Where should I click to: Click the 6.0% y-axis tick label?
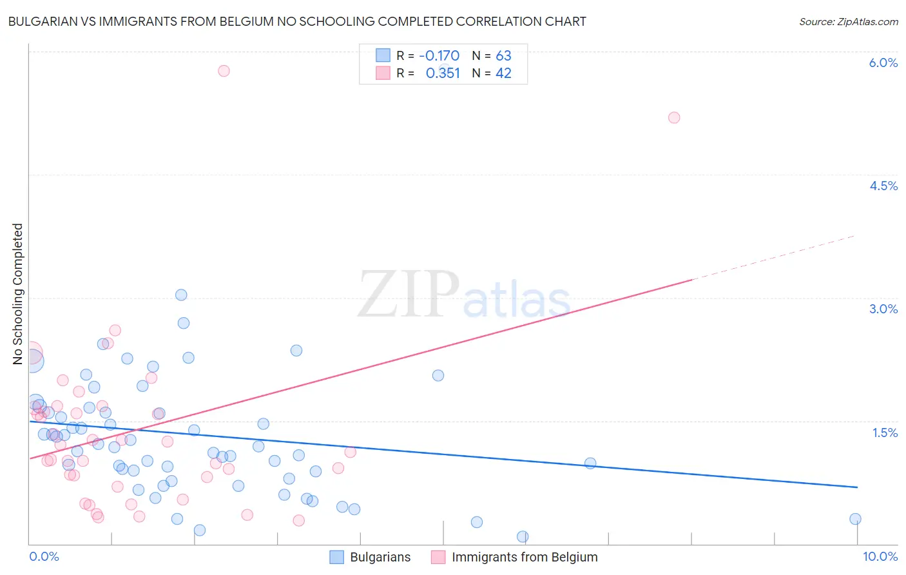[x=883, y=63]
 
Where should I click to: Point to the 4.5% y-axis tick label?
[x=883, y=186]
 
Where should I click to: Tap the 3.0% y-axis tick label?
[x=883, y=309]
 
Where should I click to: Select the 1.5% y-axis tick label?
[x=885, y=433]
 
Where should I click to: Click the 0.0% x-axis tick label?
[x=44, y=556]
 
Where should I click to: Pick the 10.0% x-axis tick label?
[x=880, y=556]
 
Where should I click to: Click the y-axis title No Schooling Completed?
[x=17, y=294]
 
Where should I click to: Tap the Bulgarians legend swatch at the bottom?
[x=336, y=557]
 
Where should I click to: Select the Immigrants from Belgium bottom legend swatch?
[x=438, y=557]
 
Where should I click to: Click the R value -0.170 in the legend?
[x=439, y=56]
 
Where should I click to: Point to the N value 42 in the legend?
[x=503, y=73]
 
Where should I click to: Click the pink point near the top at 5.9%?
[x=224, y=71]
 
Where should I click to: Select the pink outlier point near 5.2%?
[x=674, y=117]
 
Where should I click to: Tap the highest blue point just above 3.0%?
[x=181, y=295]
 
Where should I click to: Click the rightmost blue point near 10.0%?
[x=855, y=519]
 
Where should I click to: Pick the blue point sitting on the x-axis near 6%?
[x=523, y=536]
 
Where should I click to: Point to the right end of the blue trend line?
[x=857, y=487]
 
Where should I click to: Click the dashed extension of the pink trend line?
[x=773, y=257]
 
